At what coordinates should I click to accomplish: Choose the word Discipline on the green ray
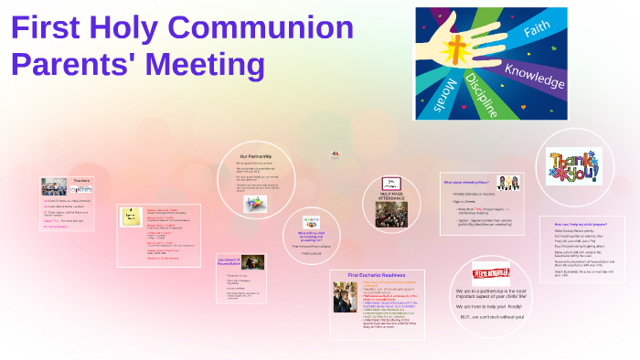(483, 94)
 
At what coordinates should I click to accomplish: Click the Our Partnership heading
(256, 156)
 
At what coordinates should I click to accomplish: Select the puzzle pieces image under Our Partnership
(255, 203)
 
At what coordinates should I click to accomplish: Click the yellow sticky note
(132, 217)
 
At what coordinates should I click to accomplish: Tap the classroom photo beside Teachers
(54, 187)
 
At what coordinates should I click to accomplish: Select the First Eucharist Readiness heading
(376, 274)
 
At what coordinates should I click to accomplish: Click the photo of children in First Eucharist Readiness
(345, 297)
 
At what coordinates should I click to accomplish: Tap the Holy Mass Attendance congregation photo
(391, 213)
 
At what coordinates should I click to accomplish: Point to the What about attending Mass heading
(465, 182)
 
